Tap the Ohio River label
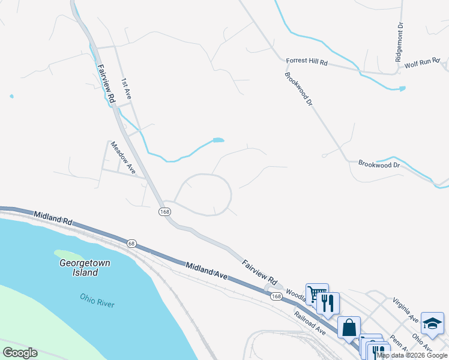[x=97, y=300]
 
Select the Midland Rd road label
[x=53, y=218]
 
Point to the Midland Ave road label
[x=206, y=271]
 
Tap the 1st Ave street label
[x=127, y=88]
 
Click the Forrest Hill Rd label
[x=307, y=62]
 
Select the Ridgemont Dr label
[x=399, y=43]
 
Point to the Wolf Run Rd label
[x=423, y=63]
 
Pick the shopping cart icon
[x=316, y=293]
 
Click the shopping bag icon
[x=349, y=328]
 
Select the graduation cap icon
[x=432, y=323]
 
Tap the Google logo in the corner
[x=20, y=353]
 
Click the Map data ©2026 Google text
[x=412, y=355]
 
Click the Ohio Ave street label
[x=423, y=343]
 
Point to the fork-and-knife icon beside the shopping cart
[x=328, y=302]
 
